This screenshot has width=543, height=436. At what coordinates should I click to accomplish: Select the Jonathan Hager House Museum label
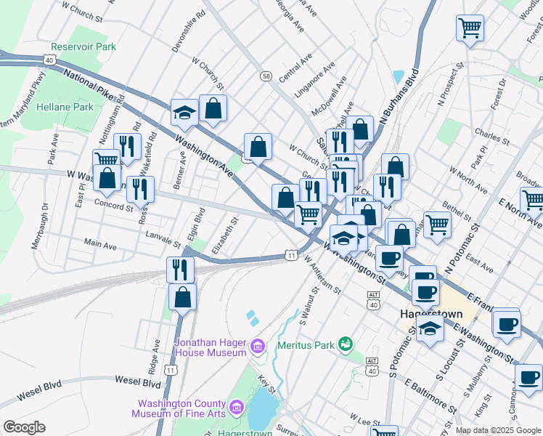[x=211, y=347]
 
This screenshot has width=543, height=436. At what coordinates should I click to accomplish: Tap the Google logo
[x=24, y=427]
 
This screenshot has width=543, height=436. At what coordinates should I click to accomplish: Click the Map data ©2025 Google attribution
[x=497, y=430]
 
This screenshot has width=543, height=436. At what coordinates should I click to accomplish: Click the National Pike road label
[x=90, y=83]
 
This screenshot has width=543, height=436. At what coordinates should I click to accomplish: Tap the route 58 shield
[x=266, y=76]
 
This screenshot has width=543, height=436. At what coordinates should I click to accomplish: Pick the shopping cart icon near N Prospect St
[x=470, y=28]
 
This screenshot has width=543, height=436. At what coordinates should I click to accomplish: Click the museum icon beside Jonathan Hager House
[x=257, y=347]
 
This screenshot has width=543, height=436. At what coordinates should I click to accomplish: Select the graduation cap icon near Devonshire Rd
[x=184, y=113]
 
